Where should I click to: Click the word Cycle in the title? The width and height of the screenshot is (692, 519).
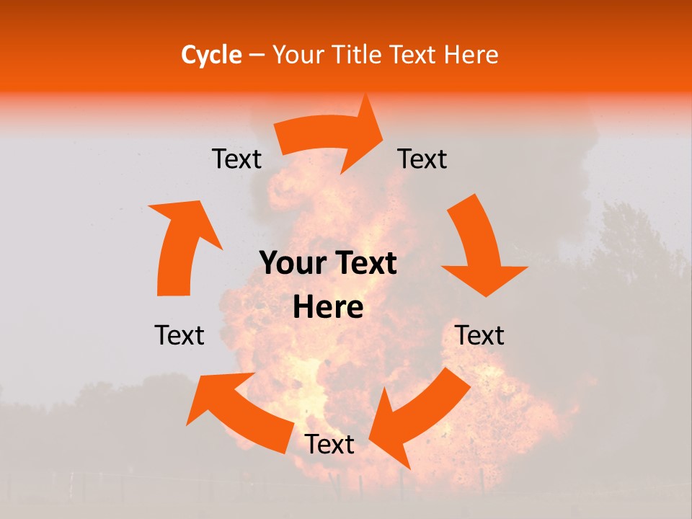pyautogui.click(x=211, y=55)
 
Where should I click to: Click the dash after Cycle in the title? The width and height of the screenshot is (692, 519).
pyautogui.click(x=256, y=55)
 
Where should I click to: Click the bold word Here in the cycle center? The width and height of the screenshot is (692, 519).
pyautogui.click(x=328, y=308)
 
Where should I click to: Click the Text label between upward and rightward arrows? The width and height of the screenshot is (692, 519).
pyautogui.click(x=236, y=159)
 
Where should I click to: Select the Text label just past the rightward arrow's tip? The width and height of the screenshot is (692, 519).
pyautogui.click(x=422, y=159)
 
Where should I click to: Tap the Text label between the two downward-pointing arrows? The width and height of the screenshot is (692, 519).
pyautogui.click(x=480, y=335)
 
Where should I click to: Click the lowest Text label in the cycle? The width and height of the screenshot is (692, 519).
pyautogui.click(x=329, y=445)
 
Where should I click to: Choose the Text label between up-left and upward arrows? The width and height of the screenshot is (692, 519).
pyautogui.click(x=179, y=335)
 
